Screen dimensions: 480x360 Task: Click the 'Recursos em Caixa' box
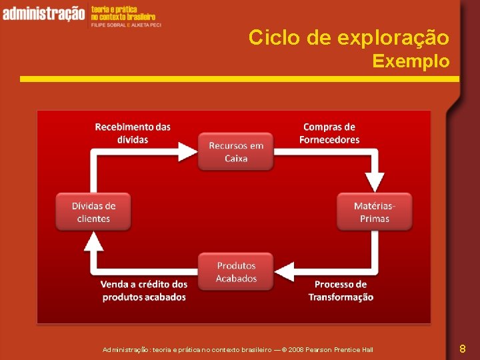point(236,152)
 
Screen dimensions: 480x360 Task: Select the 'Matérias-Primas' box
point(374,212)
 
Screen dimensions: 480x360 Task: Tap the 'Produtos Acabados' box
point(236,272)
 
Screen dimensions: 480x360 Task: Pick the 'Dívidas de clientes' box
point(93,212)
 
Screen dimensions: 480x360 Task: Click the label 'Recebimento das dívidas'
point(133,133)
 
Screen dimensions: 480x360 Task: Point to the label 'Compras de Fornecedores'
point(329,133)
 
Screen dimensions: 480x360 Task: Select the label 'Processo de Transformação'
point(341,291)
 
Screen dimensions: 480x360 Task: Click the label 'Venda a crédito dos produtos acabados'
point(144,291)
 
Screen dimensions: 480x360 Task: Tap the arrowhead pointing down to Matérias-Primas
point(375,182)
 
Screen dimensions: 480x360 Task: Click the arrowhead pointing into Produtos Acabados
point(285,271)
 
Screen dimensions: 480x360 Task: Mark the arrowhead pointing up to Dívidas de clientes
point(93,241)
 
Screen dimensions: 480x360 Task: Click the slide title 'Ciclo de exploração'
point(349,37)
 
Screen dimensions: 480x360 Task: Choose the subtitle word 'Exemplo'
point(411,61)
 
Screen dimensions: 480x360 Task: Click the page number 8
point(463,348)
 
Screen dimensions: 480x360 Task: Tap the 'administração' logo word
point(44,13)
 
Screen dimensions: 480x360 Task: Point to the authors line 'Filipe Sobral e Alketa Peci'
point(126,24)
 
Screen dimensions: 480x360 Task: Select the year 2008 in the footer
point(297,349)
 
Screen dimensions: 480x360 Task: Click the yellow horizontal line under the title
point(239,79)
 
